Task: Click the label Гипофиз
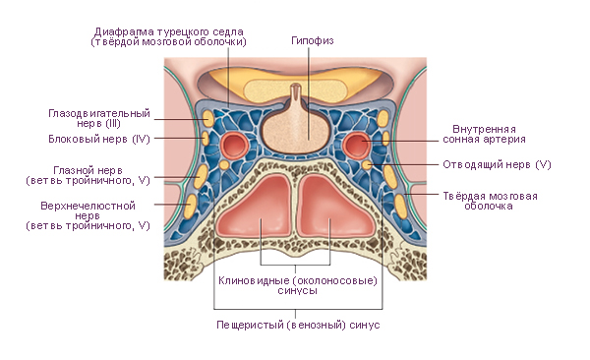tap(313, 40)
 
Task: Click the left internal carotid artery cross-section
tap(234, 145)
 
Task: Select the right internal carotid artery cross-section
tap(356, 145)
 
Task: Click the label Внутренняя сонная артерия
tap(484, 135)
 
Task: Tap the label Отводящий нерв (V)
tap(497, 165)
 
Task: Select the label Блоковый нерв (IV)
tap(99, 139)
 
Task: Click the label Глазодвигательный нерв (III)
tap(99, 118)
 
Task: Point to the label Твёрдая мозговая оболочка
tap(490, 201)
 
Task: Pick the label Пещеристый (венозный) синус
tap(298, 325)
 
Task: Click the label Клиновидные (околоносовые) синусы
tap(298, 285)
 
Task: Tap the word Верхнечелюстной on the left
tap(88, 206)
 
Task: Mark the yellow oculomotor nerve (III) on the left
tap(208, 118)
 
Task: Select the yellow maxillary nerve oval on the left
tap(191, 206)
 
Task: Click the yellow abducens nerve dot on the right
tap(367, 165)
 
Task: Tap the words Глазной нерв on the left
tap(88, 170)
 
